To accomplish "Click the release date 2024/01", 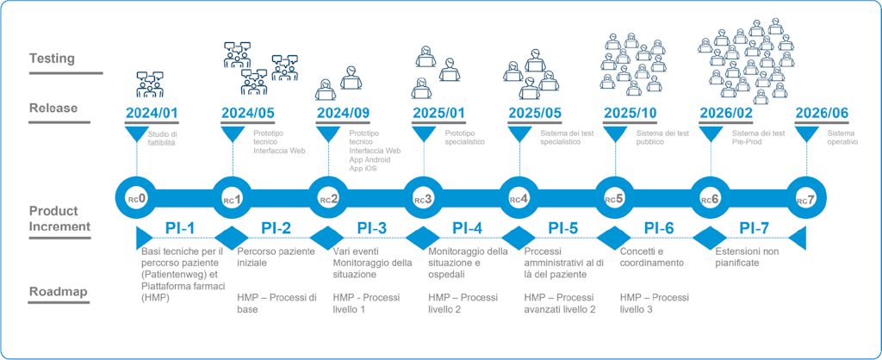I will click(x=153, y=114).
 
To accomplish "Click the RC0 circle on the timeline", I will click(x=137, y=199).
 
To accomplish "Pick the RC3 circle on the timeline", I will click(x=423, y=199).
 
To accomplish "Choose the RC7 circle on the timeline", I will click(x=805, y=199).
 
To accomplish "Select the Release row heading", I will click(x=53, y=109).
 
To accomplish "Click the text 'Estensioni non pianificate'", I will click(x=745, y=257).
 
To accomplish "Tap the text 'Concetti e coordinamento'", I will click(x=652, y=257).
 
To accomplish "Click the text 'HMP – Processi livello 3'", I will click(x=655, y=303).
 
